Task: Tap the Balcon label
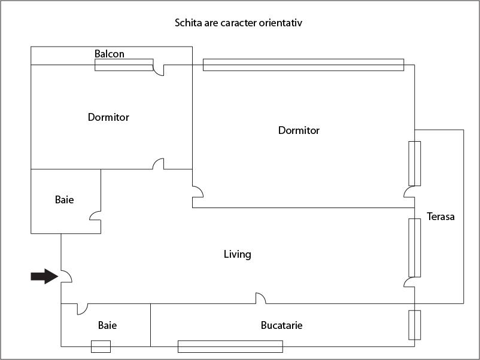(x=110, y=54)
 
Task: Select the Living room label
(x=237, y=254)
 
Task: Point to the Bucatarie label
(x=281, y=325)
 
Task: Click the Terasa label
(x=440, y=216)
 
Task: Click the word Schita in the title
(x=187, y=23)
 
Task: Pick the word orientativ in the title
(x=286, y=23)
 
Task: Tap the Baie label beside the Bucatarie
(x=107, y=325)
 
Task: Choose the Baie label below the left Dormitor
(x=64, y=200)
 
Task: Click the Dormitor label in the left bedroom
(x=108, y=117)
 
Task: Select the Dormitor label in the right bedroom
(x=299, y=130)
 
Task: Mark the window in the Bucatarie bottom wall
(x=230, y=346)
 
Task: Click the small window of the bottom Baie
(x=101, y=346)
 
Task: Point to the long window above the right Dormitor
(x=303, y=65)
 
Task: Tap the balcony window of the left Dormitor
(x=124, y=65)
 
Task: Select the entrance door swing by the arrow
(x=66, y=275)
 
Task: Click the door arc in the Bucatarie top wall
(x=260, y=298)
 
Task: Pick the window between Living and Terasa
(x=414, y=248)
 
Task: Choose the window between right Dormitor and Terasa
(x=414, y=163)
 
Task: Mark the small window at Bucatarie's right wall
(x=414, y=325)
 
